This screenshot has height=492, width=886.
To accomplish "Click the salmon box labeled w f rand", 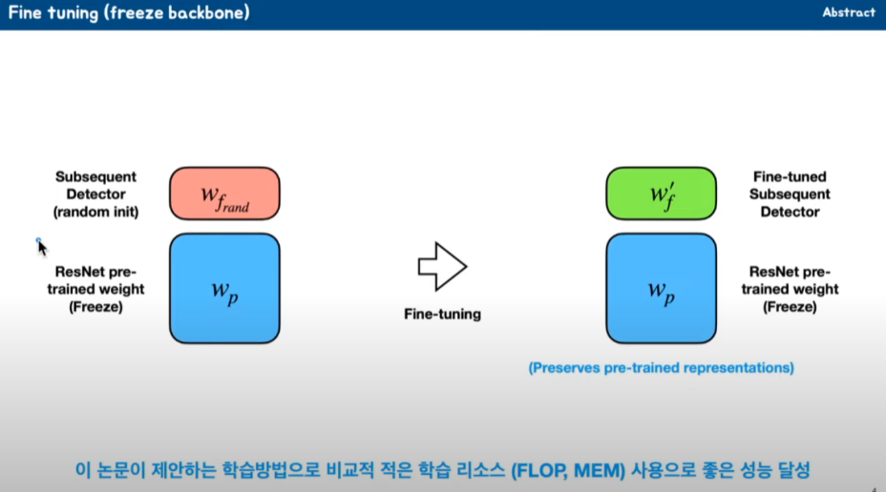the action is [x=224, y=194].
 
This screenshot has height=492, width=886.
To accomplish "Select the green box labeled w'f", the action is [x=661, y=194].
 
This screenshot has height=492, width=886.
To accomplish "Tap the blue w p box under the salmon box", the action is [x=224, y=288].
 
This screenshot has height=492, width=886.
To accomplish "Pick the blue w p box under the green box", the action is [x=661, y=288].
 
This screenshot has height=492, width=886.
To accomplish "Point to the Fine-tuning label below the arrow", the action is [x=442, y=314].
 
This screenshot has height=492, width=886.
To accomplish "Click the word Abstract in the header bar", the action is [x=848, y=12].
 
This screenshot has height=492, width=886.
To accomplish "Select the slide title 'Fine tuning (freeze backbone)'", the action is [x=130, y=13].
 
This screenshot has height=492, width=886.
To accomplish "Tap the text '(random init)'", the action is [x=96, y=212].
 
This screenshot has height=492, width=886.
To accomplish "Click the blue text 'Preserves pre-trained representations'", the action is [x=661, y=367].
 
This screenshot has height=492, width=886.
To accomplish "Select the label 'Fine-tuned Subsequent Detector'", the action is [x=790, y=195].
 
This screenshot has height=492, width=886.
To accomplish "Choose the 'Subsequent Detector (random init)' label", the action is [x=96, y=195].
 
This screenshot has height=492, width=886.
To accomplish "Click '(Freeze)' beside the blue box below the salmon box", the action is [x=96, y=307].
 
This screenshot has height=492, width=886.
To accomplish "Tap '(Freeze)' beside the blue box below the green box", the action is [x=790, y=307].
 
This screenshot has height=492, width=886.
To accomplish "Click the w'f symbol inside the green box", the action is [x=660, y=195].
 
